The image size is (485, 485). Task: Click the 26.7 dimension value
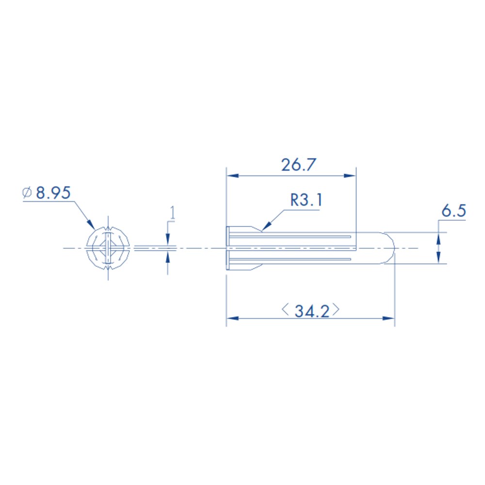click(298, 164)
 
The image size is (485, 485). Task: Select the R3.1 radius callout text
click(306, 200)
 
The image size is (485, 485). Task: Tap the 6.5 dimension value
click(453, 211)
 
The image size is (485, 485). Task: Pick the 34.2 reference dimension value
click(312, 311)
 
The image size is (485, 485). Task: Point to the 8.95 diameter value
click(53, 193)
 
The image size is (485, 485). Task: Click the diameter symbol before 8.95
click(27, 193)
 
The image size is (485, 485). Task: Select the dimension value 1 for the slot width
click(173, 213)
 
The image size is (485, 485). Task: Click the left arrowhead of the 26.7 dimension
click(233, 176)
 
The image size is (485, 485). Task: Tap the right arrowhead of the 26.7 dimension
click(350, 176)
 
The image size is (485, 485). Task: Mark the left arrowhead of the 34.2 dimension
click(233, 318)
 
